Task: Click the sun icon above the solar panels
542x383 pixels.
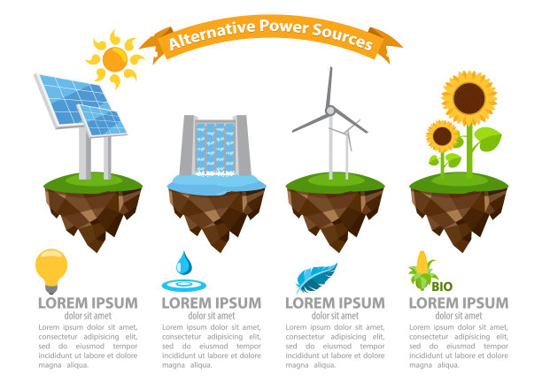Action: coord(114,59)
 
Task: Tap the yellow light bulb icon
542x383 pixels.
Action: coord(51,271)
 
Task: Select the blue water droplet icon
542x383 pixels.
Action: coord(183,263)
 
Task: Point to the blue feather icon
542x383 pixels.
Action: coord(316,278)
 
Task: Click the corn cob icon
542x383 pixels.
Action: coord(422,271)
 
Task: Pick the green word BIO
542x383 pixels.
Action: coord(442,287)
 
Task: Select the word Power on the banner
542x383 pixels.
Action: coord(283,26)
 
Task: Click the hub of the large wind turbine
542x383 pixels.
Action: coord(330,111)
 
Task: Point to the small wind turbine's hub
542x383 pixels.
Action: coord(346,133)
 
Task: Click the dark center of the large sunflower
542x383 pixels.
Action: coord(469,98)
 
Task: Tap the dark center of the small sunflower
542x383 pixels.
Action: coord(442,136)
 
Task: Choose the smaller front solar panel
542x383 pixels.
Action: coord(102,120)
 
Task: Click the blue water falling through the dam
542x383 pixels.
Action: coord(215,148)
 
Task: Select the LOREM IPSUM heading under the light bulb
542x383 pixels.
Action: coord(88,303)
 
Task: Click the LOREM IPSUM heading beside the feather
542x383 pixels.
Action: coord(335,303)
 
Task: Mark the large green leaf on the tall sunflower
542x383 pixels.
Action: coord(488,139)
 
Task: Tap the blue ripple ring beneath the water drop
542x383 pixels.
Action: coord(184,286)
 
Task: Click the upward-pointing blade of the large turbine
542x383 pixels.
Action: coord(329,87)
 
